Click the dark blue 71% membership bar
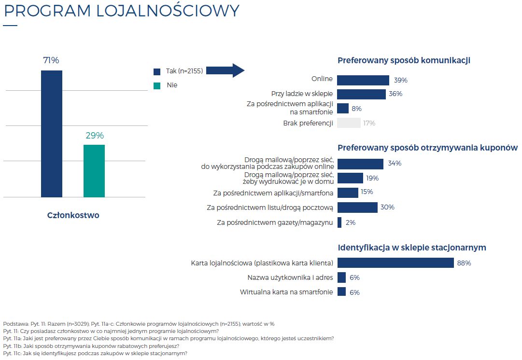tap(51, 134)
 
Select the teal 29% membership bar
tap(94, 171)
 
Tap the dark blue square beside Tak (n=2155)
tap(157, 71)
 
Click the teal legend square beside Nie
tap(157, 85)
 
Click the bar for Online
tap(363, 80)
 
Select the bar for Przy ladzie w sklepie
tap(361, 94)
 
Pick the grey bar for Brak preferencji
tap(349, 123)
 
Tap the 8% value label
tap(356, 109)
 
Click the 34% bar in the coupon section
tap(360, 164)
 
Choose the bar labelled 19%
tap(350, 178)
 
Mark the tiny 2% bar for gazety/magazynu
tap(339, 222)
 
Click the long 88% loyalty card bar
tap(395, 263)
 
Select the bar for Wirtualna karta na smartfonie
tap(341, 292)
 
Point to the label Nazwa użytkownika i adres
tap(290, 277)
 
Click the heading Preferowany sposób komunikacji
tap(404, 60)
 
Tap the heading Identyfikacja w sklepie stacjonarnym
tap(411, 248)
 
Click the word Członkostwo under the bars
tap(73, 215)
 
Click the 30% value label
tap(387, 208)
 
